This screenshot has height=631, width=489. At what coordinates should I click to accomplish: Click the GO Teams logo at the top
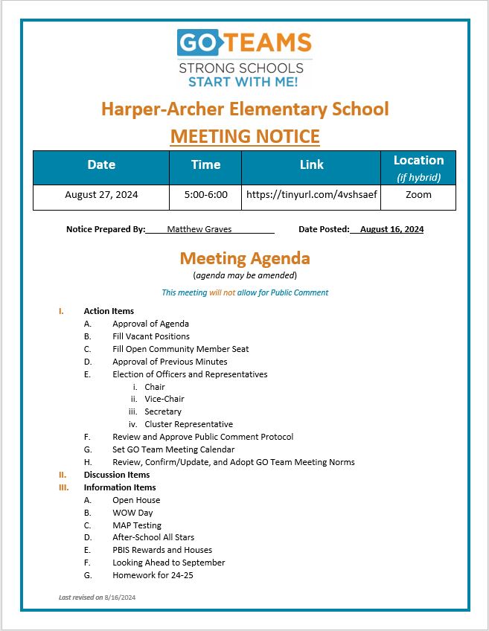244,58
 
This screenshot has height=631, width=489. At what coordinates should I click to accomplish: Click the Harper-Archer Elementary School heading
244,109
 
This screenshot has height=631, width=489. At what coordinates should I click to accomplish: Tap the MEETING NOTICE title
244,137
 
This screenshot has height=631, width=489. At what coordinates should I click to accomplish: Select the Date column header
101,165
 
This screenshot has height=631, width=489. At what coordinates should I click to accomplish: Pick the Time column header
205,165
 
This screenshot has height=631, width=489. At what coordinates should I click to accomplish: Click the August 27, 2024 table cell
101,196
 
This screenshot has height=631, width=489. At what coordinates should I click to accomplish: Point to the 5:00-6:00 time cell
205,196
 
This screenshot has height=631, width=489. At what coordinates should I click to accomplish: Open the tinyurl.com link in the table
311,196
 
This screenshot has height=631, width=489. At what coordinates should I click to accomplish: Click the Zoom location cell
418,196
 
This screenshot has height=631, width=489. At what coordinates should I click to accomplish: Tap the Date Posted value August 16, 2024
391,230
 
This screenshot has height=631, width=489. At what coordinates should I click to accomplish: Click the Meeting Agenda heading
244,259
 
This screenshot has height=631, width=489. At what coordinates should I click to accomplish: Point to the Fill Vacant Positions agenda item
151,336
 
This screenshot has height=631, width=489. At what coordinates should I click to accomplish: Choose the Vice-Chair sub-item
164,399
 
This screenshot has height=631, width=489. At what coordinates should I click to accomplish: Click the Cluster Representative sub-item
188,424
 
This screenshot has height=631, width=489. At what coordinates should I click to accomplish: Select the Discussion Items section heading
117,475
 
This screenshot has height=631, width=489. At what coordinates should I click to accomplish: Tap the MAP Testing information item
137,525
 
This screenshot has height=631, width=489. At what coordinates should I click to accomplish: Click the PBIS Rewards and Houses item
162,550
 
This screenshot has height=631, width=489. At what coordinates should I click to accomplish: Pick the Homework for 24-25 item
153,575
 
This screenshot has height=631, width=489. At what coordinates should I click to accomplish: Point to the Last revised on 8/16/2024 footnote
97,598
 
